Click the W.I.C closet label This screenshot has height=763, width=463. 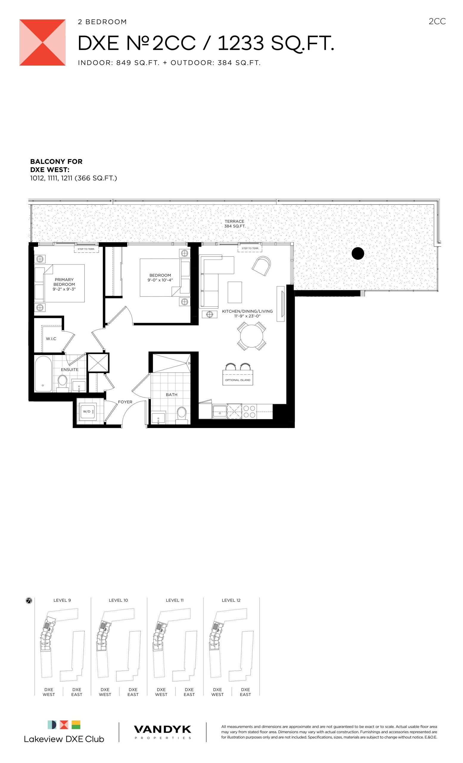point(51,339)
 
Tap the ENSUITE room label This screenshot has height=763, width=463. point(70,369)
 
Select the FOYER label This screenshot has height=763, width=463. point(125,402)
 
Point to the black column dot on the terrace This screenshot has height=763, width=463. point(358,254)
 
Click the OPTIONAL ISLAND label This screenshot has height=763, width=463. point(238,380)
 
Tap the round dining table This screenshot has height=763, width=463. point(251,336)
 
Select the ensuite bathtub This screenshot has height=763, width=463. point(43,374)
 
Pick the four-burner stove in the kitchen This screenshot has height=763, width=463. point(249,412)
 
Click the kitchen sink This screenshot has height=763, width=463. point(220,411)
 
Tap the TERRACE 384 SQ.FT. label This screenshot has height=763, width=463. point(234,224)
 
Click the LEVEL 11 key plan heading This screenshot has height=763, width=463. point(175,600)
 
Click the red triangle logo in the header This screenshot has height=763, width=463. point(42,42)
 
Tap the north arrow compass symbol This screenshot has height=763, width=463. point(29,601)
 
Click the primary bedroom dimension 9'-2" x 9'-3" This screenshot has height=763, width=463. point(64,289)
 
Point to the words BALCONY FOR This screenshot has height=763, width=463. point(56,161)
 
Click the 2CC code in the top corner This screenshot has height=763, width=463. point(437,21)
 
